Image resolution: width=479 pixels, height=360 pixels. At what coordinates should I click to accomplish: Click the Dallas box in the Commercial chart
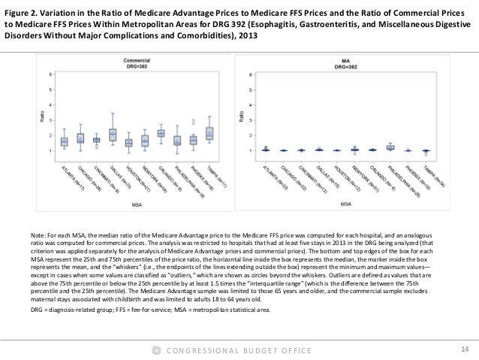click(112, 135)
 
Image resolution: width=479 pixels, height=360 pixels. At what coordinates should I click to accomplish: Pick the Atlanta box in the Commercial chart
click(64, 141)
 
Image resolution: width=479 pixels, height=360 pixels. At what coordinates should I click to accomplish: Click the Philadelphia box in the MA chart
click(390, 147)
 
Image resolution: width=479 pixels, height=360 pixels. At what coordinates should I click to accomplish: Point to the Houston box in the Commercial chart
click(128, 143)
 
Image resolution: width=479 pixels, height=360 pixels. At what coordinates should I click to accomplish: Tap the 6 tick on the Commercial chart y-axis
click(51, 74)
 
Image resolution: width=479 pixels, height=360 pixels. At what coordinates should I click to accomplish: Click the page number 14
click(462, 348)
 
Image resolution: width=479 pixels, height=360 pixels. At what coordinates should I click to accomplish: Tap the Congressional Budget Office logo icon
click(155, 349)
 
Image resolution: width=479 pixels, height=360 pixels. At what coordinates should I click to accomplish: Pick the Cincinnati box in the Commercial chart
click(96, 140)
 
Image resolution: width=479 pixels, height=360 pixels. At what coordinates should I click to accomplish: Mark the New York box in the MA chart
click(356, 150)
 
